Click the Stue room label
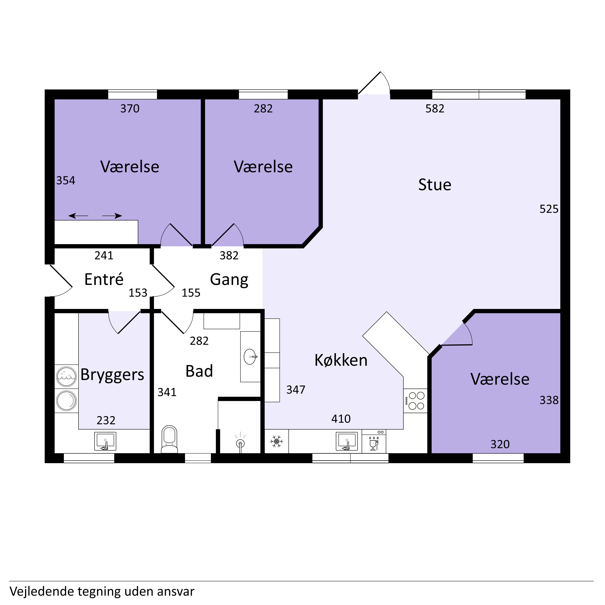tap(435, 185)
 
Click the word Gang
tap(229, 280)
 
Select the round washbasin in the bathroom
tap(250, 357)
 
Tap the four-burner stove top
tap(415, 401)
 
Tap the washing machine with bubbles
tap(66, 377)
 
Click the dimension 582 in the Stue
tap(435, 109)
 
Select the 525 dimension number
tap(549, 209)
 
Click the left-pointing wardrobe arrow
tap(78, 216)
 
